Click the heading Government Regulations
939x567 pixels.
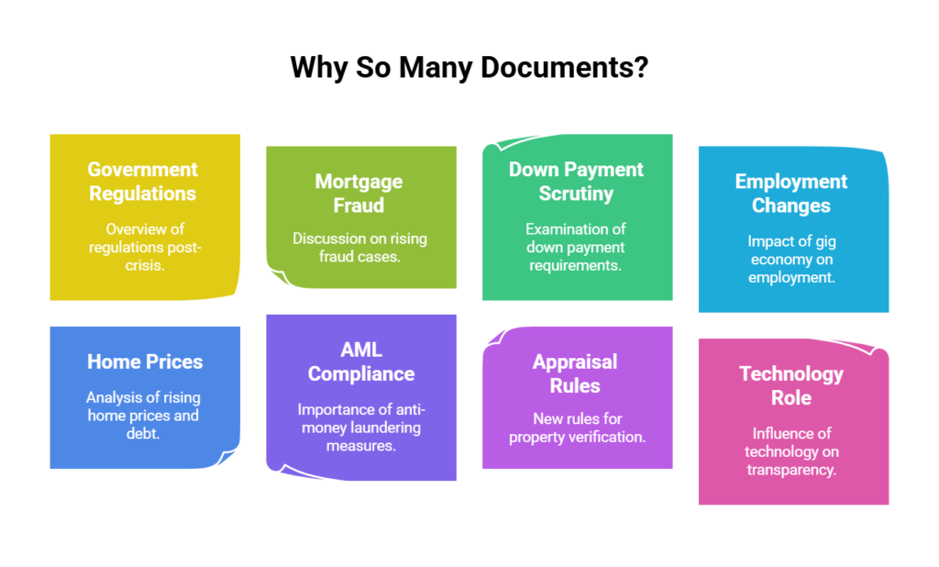143,182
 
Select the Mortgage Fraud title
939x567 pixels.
359,194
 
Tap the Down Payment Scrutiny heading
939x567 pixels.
576,182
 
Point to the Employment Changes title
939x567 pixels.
791,194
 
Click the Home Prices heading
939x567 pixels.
145,361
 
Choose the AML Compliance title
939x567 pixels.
360,361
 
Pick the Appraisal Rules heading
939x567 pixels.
575,373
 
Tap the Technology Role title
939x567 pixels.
791,385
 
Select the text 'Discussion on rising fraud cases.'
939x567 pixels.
359,248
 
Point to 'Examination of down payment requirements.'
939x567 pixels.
575,247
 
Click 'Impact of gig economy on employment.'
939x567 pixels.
791,260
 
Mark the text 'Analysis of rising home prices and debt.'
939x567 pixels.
143,416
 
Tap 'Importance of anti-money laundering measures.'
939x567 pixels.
360,428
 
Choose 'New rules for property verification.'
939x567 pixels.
577,428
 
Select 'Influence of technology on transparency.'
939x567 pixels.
791,451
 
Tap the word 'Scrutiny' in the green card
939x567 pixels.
576,194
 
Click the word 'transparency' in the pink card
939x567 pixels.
791,469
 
